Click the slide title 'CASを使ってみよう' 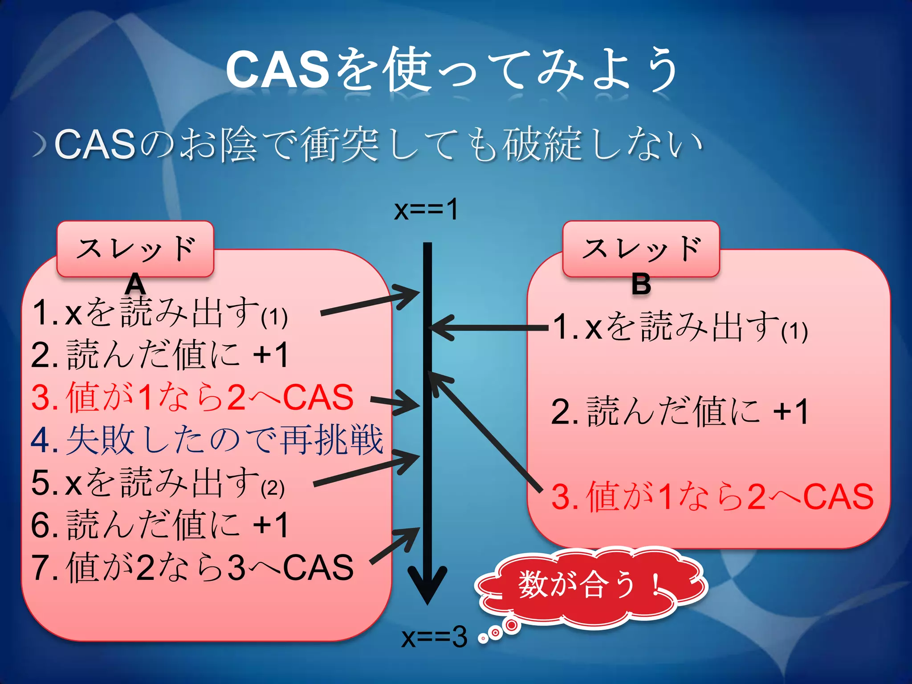(452, 70)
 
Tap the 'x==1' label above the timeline (426, 209)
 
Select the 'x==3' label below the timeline (434, 637)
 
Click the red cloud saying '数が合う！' (588, 586)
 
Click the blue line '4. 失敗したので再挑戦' (207, 440)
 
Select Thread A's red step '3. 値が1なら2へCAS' (192, 397)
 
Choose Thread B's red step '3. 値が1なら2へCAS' (712, 497)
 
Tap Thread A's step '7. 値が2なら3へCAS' (192, 567)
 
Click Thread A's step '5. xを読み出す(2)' (158, 483)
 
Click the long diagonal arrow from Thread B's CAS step (485, 432)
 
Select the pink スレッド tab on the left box (135, 248)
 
